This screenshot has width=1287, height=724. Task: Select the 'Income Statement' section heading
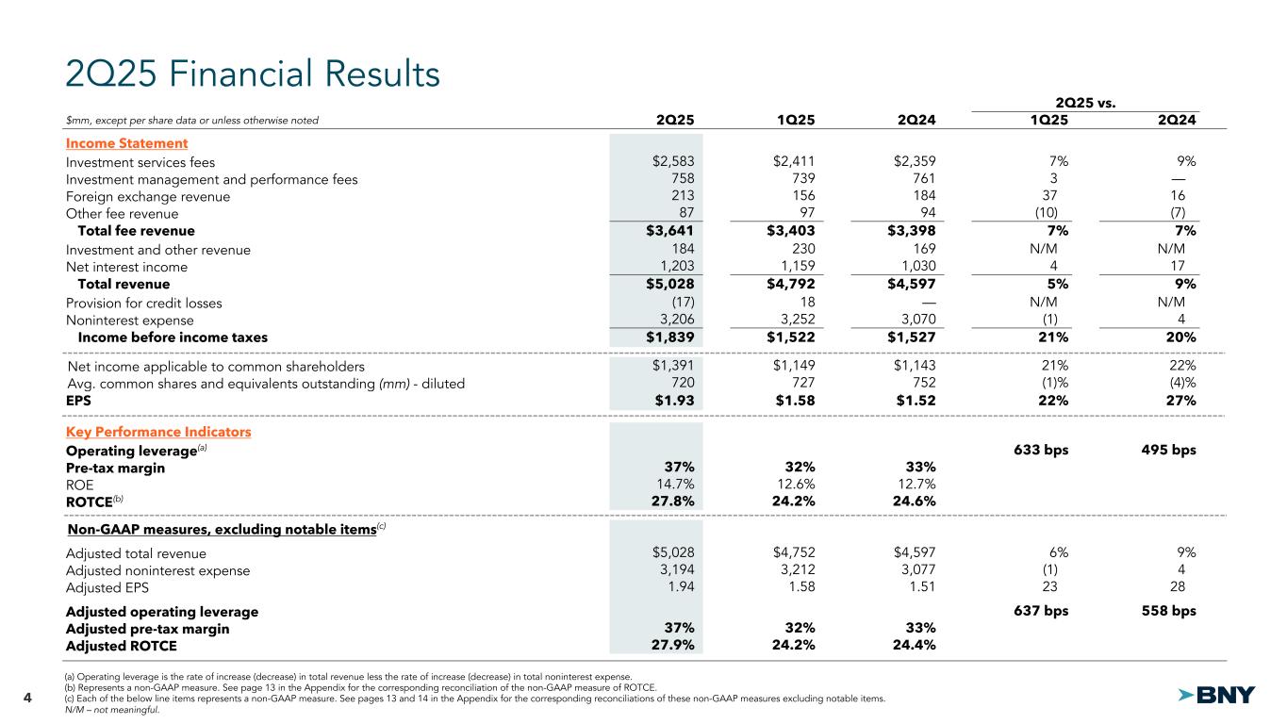126,143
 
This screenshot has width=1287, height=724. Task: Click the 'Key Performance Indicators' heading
158,432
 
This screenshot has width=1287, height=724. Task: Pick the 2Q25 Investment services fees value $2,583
673,162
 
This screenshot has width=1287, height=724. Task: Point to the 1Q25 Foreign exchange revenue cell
798,197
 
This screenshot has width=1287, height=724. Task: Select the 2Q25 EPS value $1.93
675,401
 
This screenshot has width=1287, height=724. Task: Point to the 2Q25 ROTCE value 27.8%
674,501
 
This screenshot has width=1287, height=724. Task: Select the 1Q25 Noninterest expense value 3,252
796,320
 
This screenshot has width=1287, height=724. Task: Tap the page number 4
27,698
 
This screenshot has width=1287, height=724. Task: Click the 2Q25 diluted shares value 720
682,383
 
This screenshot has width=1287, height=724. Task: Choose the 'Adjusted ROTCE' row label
121,646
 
